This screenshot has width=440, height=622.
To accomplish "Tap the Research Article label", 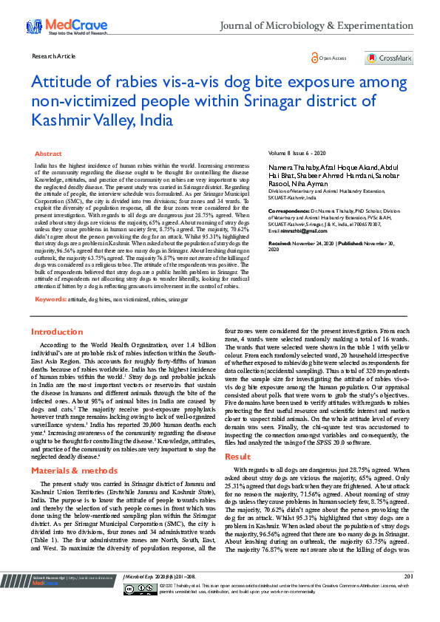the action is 53,56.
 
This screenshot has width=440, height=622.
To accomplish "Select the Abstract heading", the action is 49,153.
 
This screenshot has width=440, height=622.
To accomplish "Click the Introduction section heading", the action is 57,332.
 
